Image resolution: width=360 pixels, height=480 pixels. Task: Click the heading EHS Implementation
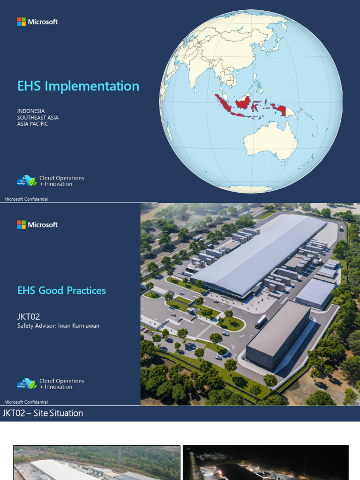pyautogui.click(x=78, y=86)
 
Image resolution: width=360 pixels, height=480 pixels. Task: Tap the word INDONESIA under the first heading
pyautogui.click(x=31, y=111)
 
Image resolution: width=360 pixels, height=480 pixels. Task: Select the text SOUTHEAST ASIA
pyautogui.click(x=38, y=118)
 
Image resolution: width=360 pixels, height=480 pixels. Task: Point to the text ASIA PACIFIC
pyautogui.click(x=33, y=124)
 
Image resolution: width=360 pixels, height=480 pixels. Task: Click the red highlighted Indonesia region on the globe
pyautogui.click(x=243, y=101)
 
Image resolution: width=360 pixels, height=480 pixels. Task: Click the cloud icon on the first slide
pyautogui.click(x=26, y=180)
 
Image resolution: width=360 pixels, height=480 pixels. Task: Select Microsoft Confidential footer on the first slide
pyautogui.click(x=26, y=199)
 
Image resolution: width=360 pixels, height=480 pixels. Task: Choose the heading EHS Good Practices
pyautogui.click(x=61, y=291)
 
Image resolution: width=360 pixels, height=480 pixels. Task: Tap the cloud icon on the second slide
pyautogui.click(x=26, y=383)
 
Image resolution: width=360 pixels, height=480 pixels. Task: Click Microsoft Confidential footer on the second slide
pyautogui.click(x=26, y=402)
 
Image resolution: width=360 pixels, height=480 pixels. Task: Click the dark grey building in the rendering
pyautogui.click(x=277, y=334)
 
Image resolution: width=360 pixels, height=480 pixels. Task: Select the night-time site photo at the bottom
pyautogui.click(x=265, y=463)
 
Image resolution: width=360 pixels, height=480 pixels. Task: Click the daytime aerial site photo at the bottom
pyautogui.click(x=97, y=463)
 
